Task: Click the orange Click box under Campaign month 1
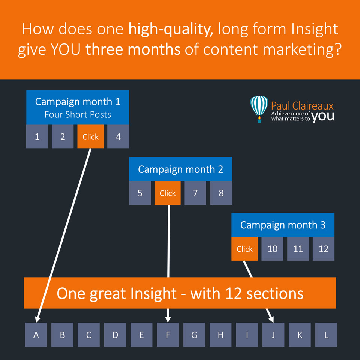point(90,136)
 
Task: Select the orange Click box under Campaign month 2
point(168,193)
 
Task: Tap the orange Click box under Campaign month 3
point(244,249)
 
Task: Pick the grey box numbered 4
point(118,136)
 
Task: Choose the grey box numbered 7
point(195,193)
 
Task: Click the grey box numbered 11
point(298,249)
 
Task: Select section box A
point(36,335)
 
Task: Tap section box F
point(168,335)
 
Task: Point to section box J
point(273,335)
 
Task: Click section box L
point(326,335)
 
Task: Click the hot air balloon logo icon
point(259,109)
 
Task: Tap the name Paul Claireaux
point(302,106)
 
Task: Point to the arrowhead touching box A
point(37,319)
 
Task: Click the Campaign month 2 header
point(181,169)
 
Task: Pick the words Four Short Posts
point(78,114)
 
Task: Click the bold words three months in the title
point(133,49)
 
